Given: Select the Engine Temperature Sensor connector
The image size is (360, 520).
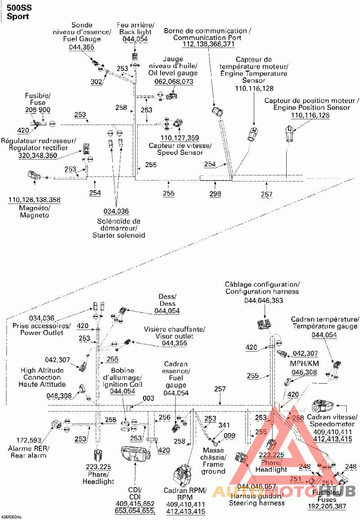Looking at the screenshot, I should coord(253,133).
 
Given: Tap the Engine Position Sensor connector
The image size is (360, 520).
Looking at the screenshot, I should coord(289,133).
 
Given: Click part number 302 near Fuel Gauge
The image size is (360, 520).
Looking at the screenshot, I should coord(96,81).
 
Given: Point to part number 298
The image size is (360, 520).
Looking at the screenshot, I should coord(215,194).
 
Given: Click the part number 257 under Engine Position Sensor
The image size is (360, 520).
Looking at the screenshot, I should coord(266,194).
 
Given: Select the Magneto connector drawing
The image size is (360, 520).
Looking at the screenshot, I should coord(33,176).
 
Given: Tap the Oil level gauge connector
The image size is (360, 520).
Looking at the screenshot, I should coord(171,95).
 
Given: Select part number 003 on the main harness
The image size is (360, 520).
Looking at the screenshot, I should coord(148,398).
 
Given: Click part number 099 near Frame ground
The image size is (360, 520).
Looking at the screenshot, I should coord(229,435).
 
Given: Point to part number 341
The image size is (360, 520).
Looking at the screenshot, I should coord(224,425).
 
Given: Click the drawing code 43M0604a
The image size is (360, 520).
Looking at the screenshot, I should coord(11,517).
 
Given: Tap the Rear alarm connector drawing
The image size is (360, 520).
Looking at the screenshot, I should coord(58,424).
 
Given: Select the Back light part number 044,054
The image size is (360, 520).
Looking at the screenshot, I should coord(134,40).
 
